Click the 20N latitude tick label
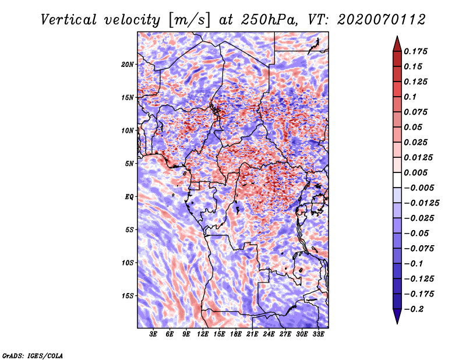128,64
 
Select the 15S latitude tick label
128,296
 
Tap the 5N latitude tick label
129,164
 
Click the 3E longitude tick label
154,334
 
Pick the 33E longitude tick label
318,334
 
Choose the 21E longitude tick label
252,334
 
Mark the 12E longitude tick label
203,334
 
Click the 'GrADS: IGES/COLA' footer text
32,355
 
